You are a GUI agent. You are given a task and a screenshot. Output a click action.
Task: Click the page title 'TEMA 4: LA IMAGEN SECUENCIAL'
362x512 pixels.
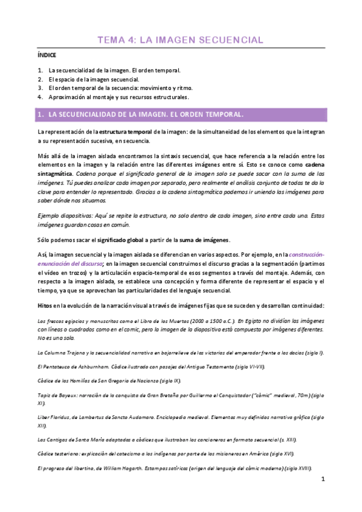pyautogui.click(x=181, y=40)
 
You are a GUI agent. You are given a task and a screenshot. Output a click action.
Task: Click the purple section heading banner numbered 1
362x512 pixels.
pyautogui.click(x=181, y=114)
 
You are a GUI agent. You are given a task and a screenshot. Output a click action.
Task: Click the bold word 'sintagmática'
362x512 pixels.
pyautogui.click(x=53, y=174)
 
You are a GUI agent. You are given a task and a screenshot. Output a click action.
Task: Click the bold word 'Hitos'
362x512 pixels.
pyautogui.click(x=45, y=306)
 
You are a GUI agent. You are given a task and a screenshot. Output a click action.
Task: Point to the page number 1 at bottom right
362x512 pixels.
pyautogui.click(x=323, y=496)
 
